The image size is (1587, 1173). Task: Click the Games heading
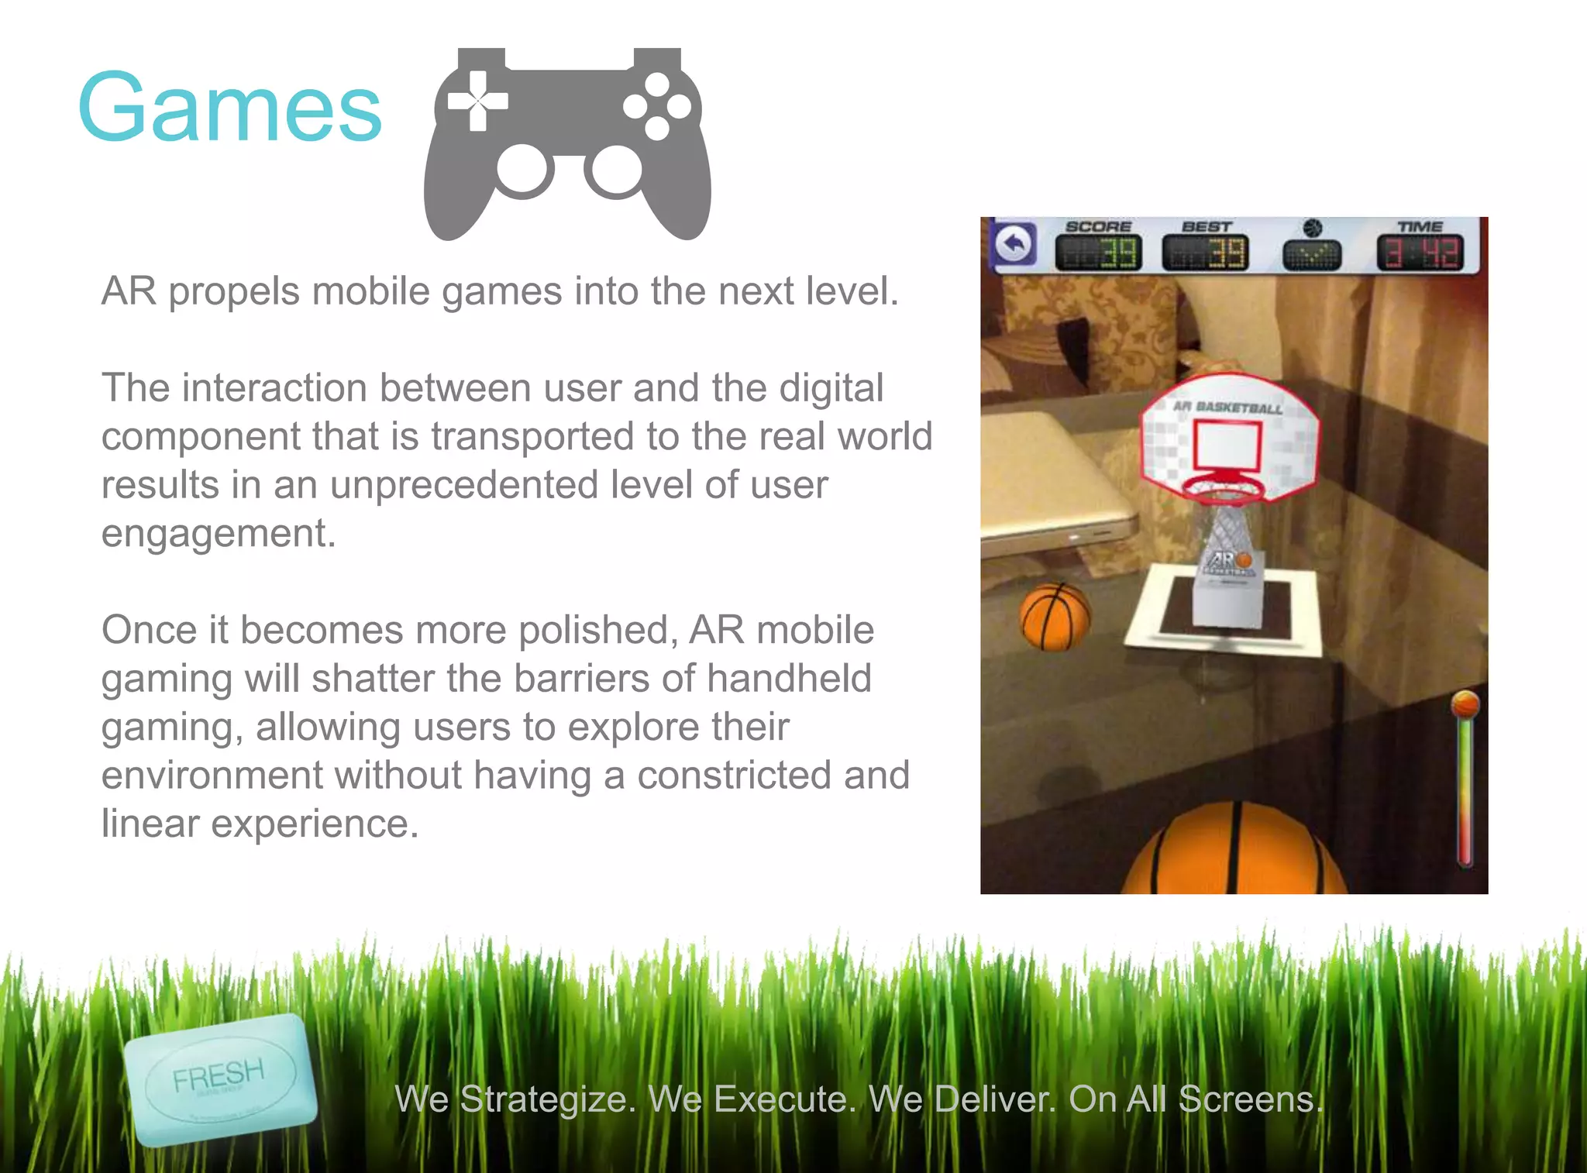229,108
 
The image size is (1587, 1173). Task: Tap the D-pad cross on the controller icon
477,101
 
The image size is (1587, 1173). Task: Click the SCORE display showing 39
1099,253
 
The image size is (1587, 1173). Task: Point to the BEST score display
1206,253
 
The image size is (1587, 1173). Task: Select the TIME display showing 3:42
1420,253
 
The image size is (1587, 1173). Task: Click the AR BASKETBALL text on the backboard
1227,407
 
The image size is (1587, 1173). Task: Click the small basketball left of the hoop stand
1054,616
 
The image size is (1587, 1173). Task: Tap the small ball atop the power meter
1465,704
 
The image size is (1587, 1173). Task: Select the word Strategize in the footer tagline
547,1099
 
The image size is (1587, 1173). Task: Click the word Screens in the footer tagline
1250,1099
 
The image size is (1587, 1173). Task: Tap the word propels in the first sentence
234,292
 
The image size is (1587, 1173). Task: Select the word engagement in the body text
218,535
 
